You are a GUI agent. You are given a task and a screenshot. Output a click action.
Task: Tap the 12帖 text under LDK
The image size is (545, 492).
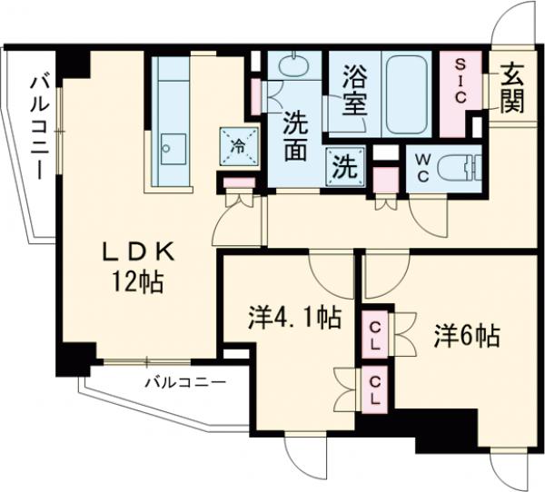click(x=139, y=282)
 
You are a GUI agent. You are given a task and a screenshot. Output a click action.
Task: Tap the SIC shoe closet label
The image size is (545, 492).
click(x=461, y=83)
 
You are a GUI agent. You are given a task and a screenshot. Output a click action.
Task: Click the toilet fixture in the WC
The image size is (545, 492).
click(x=460, y=169)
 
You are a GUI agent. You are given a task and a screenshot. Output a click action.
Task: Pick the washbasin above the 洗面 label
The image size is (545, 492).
click(x=292, y=69)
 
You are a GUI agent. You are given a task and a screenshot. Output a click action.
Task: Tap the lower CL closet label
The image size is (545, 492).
click(x=374, y=389)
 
